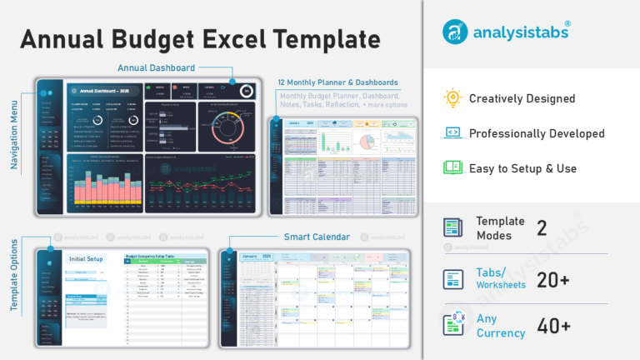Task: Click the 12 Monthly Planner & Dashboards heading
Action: click(x=338, y=82)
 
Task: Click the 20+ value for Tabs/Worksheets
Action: click(x=553, y=280)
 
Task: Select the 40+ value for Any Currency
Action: click(x=553, y=326)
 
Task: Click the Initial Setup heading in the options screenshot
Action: click(x=86, y=259)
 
